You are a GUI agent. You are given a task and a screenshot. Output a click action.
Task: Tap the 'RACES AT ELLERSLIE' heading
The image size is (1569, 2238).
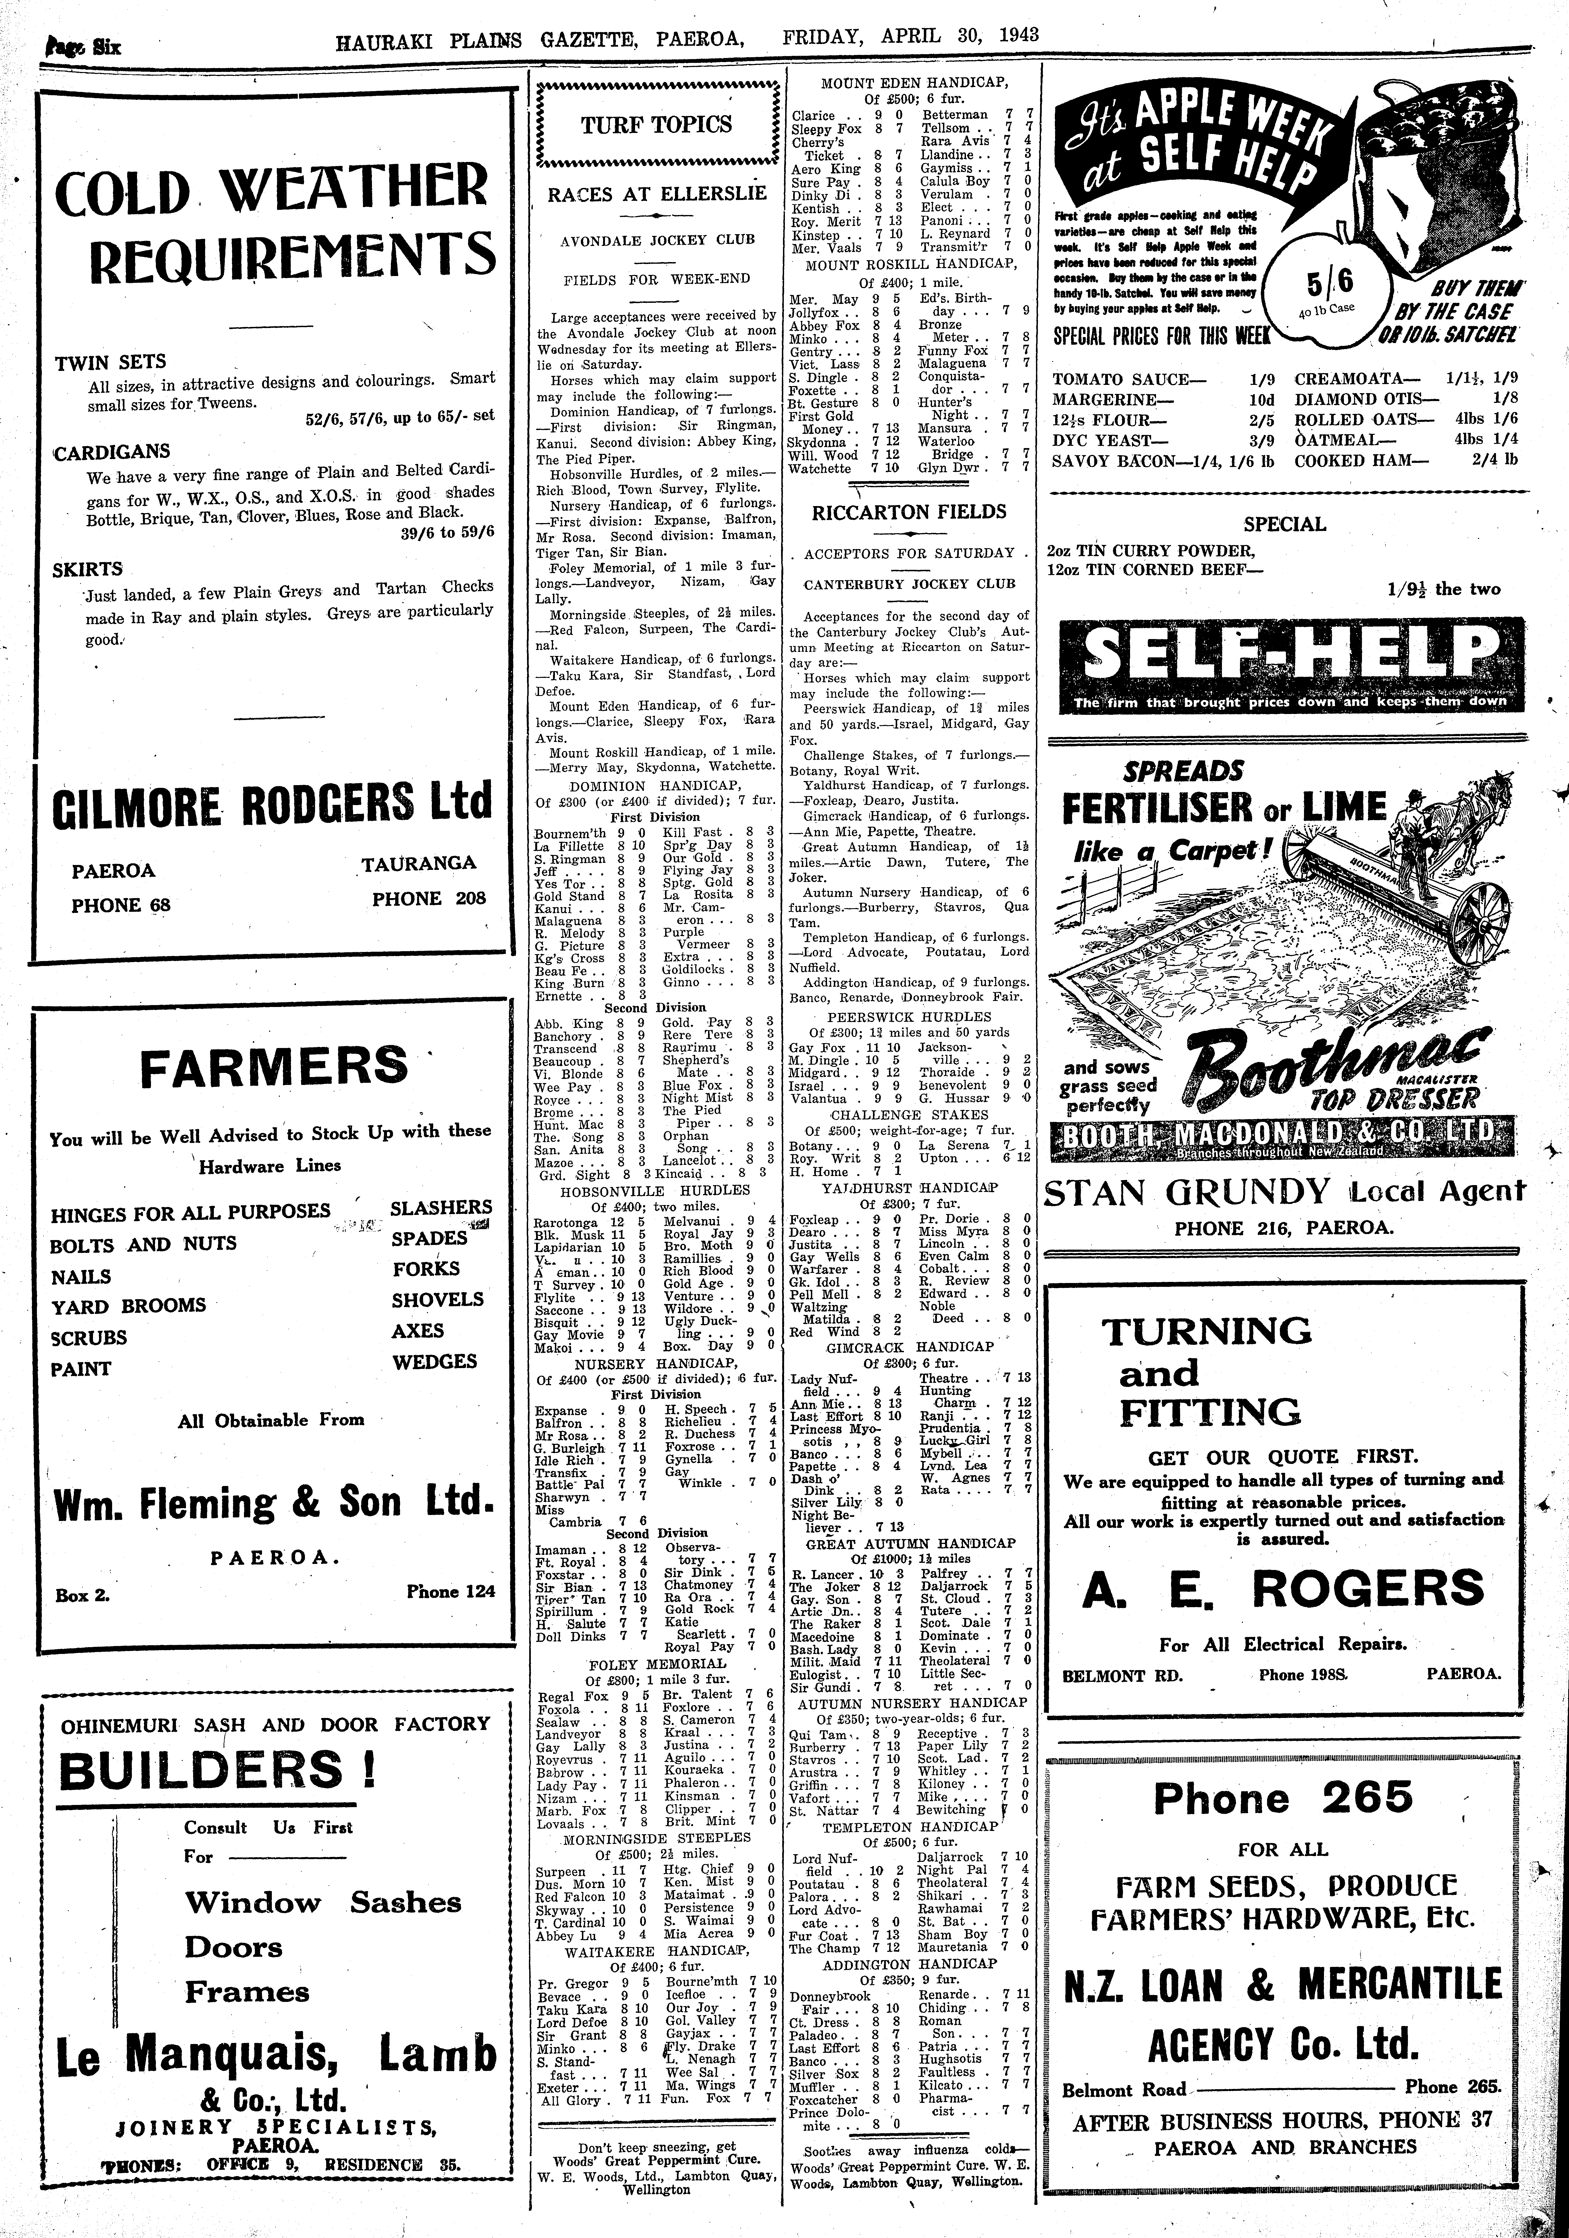point(657,193)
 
